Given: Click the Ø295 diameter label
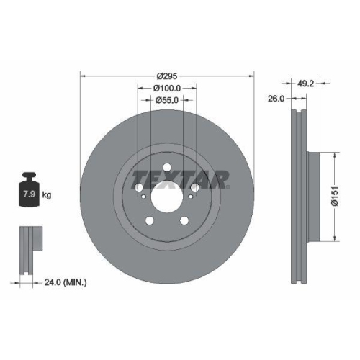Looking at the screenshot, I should [167, 75].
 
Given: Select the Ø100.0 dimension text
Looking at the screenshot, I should [167, 88].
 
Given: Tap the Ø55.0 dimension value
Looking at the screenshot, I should [167, 101].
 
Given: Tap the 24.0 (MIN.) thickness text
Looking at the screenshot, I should [66, 282].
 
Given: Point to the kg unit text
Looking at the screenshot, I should [46, 194].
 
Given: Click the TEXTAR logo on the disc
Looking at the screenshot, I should [181, 177].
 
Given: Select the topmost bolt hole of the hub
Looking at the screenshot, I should [167, 169].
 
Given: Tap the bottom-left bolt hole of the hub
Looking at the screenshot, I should [150, 221].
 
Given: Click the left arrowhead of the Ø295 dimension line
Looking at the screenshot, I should [82, 75].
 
